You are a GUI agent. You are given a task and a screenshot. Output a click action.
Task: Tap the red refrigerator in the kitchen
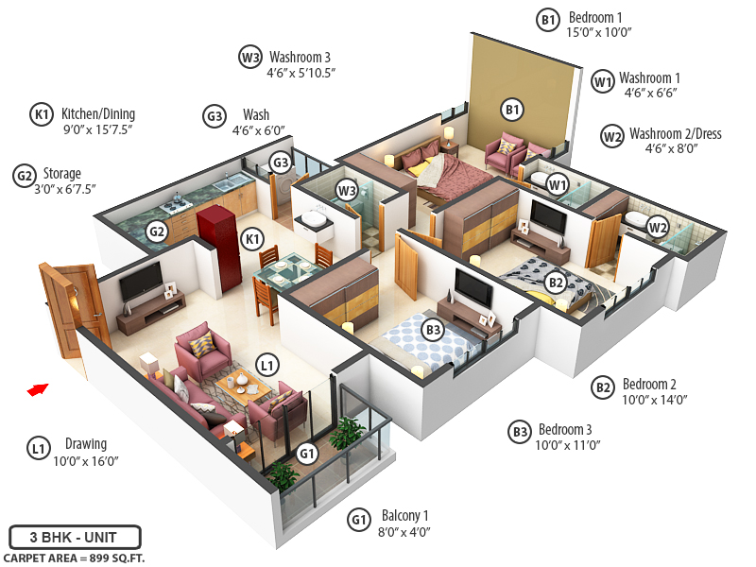click(x=214, y=227)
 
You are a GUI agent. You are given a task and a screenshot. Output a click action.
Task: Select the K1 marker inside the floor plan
click(x=251, y=239)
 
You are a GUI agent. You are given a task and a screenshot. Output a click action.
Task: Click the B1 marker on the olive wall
click(x=512, y=111)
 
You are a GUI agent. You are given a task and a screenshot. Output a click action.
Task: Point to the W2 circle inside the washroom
click(x=658, y=227)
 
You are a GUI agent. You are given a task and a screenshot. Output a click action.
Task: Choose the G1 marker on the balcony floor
click(x=307, y=454)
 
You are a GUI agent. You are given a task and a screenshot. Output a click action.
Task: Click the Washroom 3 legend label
click(x=300, y=57)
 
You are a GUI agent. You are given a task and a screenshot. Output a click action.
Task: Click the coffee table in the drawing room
click(x=242, y=386)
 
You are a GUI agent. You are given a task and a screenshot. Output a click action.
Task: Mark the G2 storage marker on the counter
click(x=157, y=232)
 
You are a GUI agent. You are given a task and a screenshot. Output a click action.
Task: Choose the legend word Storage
click(x=61, y=174)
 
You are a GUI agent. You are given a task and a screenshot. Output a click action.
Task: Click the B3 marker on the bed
click(x=434, y=330)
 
